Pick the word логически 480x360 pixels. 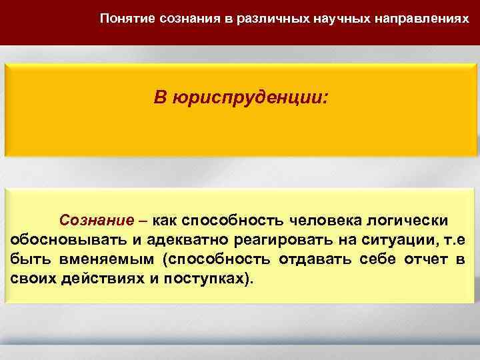[x=416, y=220]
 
